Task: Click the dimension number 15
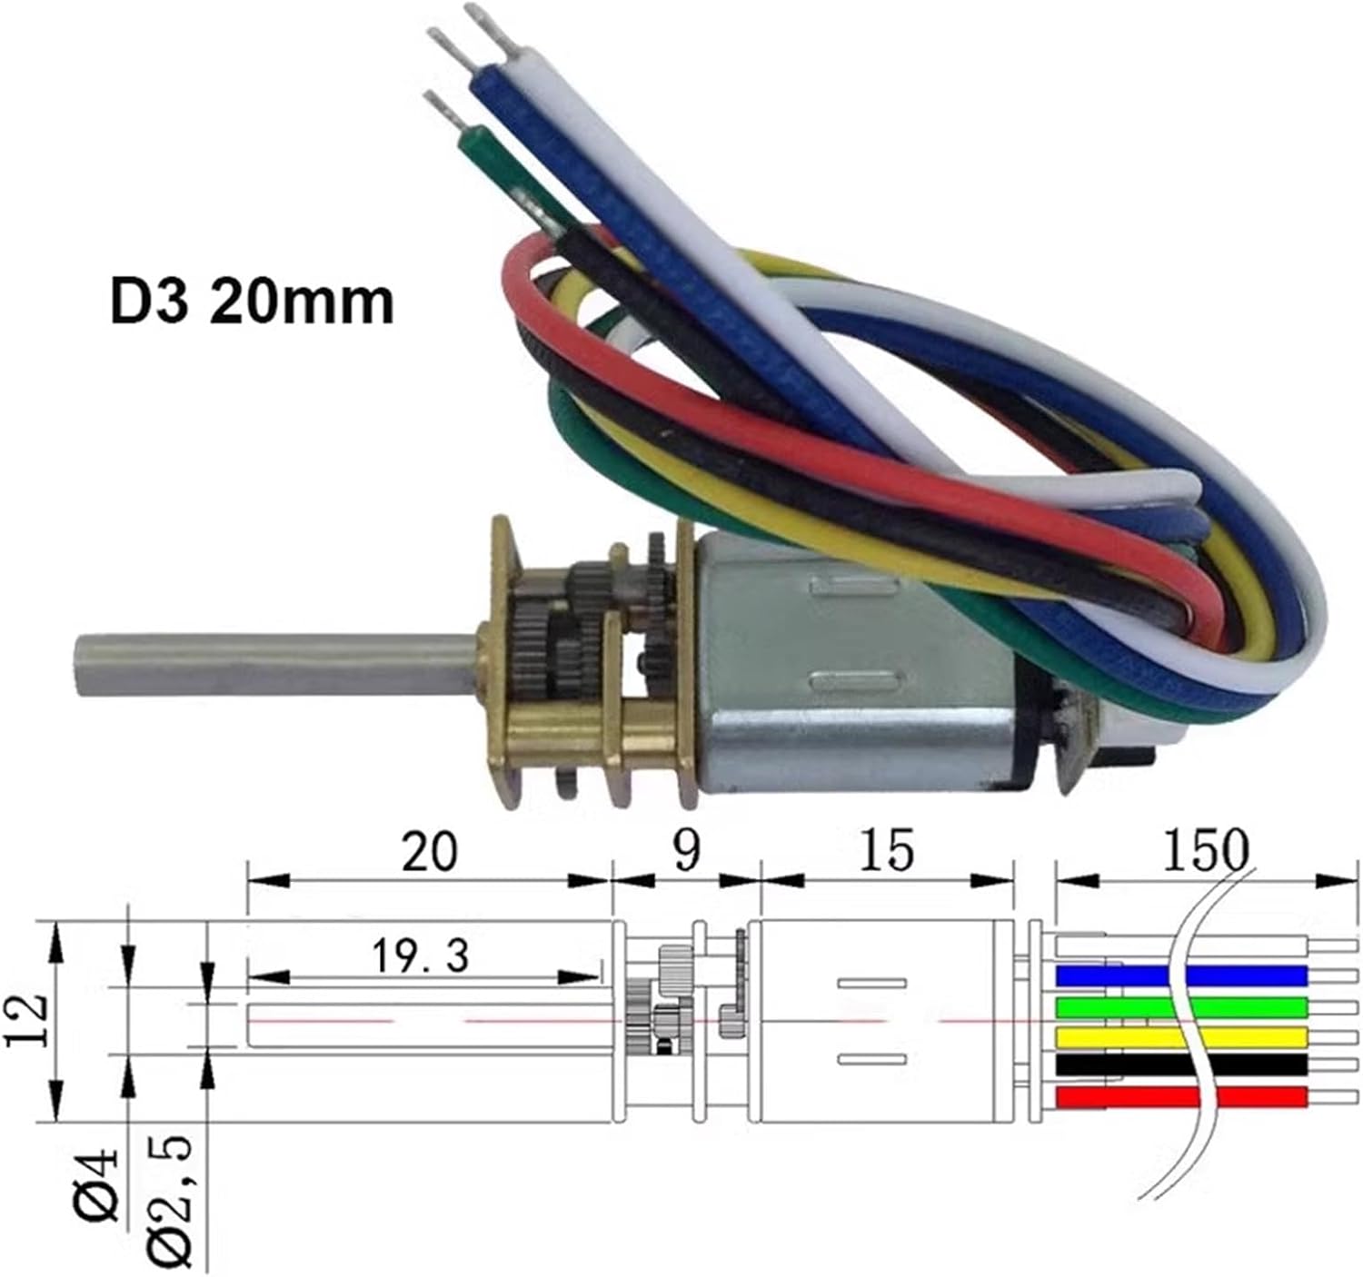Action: [x=887, y=851]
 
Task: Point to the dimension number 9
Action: [x=687, y=851]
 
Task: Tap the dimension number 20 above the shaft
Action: [x=429, y=851]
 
